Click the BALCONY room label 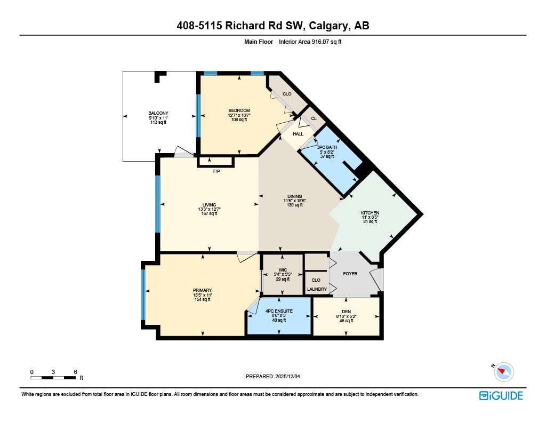coord(158,113)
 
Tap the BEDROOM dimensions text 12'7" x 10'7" coord(239,115)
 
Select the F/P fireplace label coord(216,172)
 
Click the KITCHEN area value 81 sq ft coord(370,222)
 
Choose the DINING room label coord(294,196)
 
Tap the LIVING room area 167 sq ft coord(209,214)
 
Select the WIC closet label coord(282,269)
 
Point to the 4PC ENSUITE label coord(279,311)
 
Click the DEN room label coord(346,312)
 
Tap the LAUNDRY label coord(317,289)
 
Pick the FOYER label coord(350,274)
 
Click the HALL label coord(298,134)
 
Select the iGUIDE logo coord(501,395)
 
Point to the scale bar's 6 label coord(76,371)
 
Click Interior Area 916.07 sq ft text coord(310,42)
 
